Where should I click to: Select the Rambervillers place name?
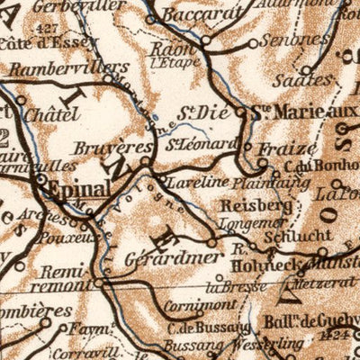click(x=58, y=67)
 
